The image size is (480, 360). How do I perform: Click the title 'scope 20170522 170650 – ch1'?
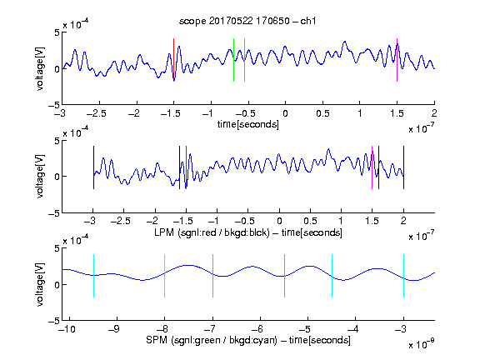coord(247,21)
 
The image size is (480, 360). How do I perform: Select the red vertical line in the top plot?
coord(173,60)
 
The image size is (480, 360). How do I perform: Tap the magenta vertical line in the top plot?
coord(397,60)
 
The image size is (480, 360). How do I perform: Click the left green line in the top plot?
coord(233,60)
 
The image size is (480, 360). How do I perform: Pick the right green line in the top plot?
coord(245,60)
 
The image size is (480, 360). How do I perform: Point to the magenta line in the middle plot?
coord(372,167)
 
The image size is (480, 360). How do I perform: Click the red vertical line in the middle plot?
coord(186,167)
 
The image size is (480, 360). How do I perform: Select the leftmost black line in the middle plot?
coord(93,167)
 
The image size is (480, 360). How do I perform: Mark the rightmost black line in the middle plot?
coord(403,167)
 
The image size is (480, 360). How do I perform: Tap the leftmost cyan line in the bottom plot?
coord(93,276)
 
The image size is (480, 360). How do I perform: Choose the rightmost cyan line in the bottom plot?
coord(403,276)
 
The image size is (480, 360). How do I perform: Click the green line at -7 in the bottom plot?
coord(212,276)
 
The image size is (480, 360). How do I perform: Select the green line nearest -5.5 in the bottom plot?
coord(284,276)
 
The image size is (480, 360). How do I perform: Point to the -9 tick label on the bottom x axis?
coord(114,329)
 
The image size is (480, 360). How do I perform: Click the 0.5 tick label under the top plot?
coord(322,113)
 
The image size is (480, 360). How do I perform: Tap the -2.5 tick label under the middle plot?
coord(121,221)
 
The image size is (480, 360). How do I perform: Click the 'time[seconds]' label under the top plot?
coord(248,124)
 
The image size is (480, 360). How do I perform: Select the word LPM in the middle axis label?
coord(164,232)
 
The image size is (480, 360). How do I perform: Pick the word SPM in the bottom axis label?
coord(157,340)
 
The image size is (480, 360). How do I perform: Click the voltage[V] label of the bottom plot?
coord(40,285)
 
